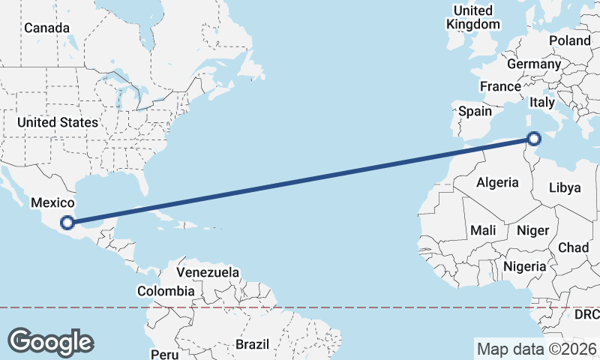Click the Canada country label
[46, 28]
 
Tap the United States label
[58, 122]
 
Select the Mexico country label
[52, 202]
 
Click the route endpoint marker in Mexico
[67, 222]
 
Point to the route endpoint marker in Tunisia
[534, 138]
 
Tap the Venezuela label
[208, 271]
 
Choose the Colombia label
[166, 290]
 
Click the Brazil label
[252, 344]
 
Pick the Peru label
[164, 353]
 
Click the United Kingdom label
[473, 17]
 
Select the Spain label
[475, 111]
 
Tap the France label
[500, 86]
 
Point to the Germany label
[533, 64]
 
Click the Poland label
[570, 40]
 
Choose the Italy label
[542, 102]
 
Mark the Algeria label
[497, 182]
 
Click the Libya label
[565, 187]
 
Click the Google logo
[50, 342]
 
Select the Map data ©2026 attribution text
[537, 349]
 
